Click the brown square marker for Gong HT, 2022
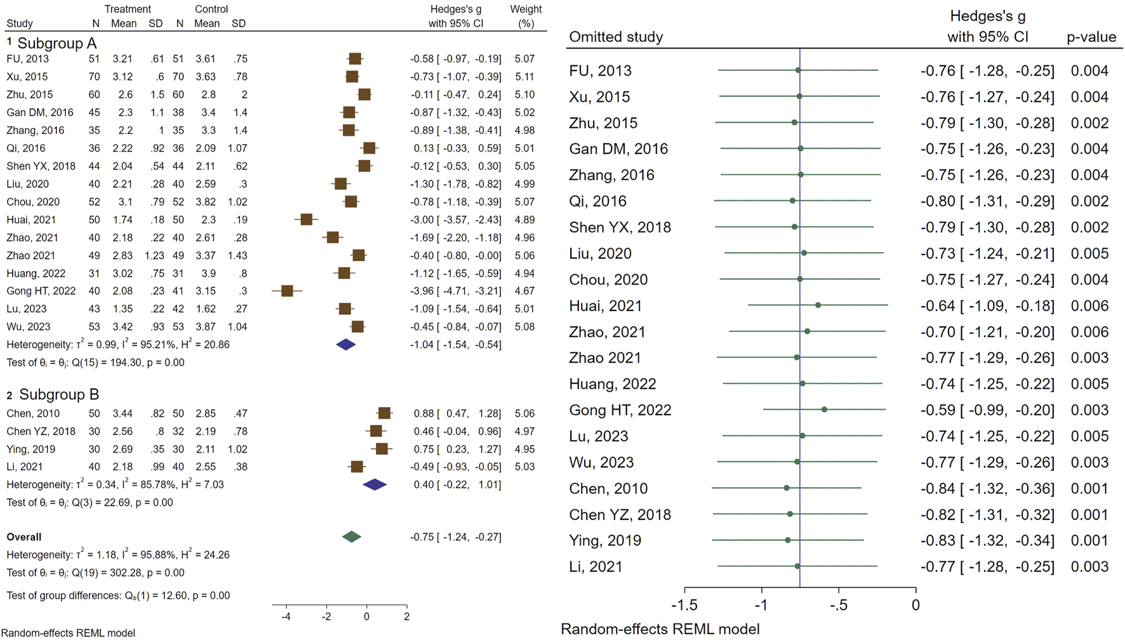[x=287, y=291]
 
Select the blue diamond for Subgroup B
[x=375, y=484]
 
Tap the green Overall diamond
[x=351, y=537]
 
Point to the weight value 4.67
[x=524, y=291]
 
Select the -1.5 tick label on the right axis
[x=684, y=605]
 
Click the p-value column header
[x=1091, y=37]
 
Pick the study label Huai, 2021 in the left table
[x=31, y=220]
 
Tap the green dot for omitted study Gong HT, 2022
[x=824, y=410]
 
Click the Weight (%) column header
[x=526, y=16]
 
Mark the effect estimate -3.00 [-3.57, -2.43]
[x=455, y=220]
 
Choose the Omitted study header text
[x=615, y=37]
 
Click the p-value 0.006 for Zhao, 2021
[x=1089, y=331]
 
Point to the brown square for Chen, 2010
[x=384, y=413]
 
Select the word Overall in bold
[x=24, y=537]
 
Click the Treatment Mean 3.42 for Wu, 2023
[x=123, y=326]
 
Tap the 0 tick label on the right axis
[x=915, y=605]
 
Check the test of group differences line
[x=118, y=596]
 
